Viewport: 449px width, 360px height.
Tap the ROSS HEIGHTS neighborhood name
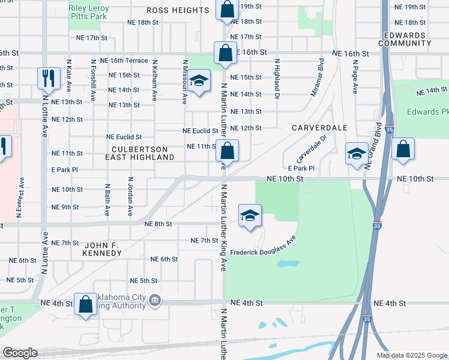tap(178, 10)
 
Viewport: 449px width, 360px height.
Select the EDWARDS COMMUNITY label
tap(403, 39)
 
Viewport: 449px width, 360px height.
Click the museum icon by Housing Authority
tap(155, 299)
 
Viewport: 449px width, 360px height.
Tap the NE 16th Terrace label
tap(124, 61)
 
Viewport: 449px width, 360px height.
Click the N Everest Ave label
tap(22, 196)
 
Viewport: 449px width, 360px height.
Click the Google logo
tap(20, 353)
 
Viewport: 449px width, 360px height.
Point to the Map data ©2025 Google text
tap(411, 355)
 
